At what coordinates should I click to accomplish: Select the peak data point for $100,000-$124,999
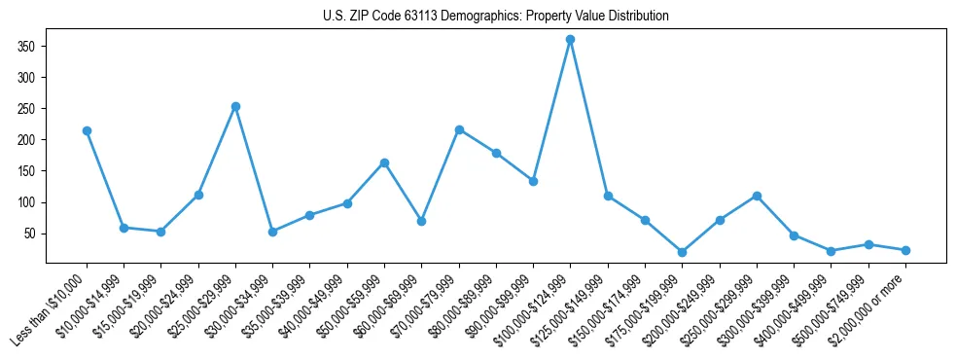click(570, 40)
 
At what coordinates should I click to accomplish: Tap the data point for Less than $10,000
click(88, 130)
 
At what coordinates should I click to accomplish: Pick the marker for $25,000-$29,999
click(235, 106)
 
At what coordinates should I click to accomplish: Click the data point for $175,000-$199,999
click(682, 252)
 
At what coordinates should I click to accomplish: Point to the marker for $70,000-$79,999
click(459, 129)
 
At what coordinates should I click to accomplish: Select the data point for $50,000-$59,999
click(384, 162)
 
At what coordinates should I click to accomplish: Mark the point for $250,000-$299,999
click(757, 196)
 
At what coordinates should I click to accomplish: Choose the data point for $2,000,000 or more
click(905, 250)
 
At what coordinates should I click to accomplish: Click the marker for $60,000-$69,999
click(421, 221)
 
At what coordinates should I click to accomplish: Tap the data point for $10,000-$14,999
click(124, 228)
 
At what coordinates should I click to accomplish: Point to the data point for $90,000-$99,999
click(533, 181)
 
